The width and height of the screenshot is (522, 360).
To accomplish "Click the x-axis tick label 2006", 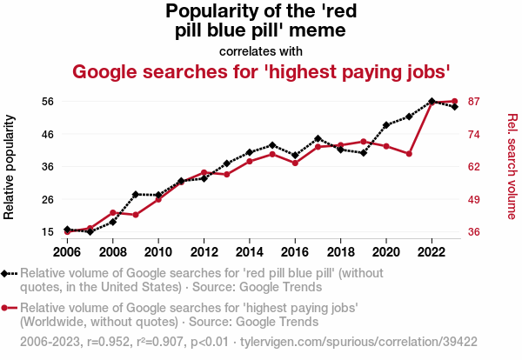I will click(x=67, y=252).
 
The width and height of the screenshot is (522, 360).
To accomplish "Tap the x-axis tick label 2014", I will click(x=250, y=252).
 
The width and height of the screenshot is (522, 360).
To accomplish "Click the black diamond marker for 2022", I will click(x=432, y=101).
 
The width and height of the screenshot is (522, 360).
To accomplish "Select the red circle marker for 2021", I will click(x=409, y=154).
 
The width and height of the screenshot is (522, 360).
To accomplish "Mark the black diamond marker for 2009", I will click(x=136, y=194).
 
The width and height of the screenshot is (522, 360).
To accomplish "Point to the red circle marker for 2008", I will click(x=113, y=212).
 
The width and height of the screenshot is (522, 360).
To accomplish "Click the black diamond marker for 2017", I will click(x=318, y=138).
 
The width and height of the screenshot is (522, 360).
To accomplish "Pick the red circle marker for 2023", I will click(x=455, y=102).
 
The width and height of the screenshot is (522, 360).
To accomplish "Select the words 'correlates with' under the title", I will click(x=260, y=50).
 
